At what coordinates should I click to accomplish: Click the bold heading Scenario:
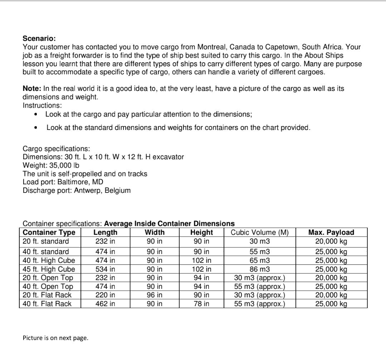pyautogui.click(x=39, y=38)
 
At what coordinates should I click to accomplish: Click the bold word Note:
pyautogui.click(x=32, y=88)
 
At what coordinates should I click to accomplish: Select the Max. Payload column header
pyautogui.click(x=331, y=232)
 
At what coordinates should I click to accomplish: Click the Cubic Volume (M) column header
pyautogui.click(x=259, y=232)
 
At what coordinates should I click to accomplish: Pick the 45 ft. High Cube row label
pyautogui.click(x=49, y=269)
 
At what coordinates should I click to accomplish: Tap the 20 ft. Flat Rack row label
pyautogui.click(x=47, y=295)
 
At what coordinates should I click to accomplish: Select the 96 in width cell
pyautogui.click(x=155, y=295)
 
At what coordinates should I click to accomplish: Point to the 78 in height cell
pyautogui.click(x=202, y=304)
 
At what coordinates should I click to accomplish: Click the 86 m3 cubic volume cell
pyautogui.click(x=259, y=269)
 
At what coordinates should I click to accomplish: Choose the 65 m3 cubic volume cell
pyautogui.click(x=259, y=260)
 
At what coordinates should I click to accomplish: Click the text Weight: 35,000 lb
pyautogui.click(x=51, y=165)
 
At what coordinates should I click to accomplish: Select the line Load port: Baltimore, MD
pyautogui.click(x=63, y=182)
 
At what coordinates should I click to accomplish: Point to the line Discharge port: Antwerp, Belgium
pyautogui.click(x=77, y=190)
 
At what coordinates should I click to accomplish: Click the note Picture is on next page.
pyautogui.click(x=55, y=338)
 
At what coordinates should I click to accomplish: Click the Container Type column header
pyautogui.click(x=49, y=232)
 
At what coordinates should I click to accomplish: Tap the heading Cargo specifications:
pyautogui.click(x=56, y=149)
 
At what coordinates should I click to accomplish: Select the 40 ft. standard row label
pyautogui.click(x=46, y=251)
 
